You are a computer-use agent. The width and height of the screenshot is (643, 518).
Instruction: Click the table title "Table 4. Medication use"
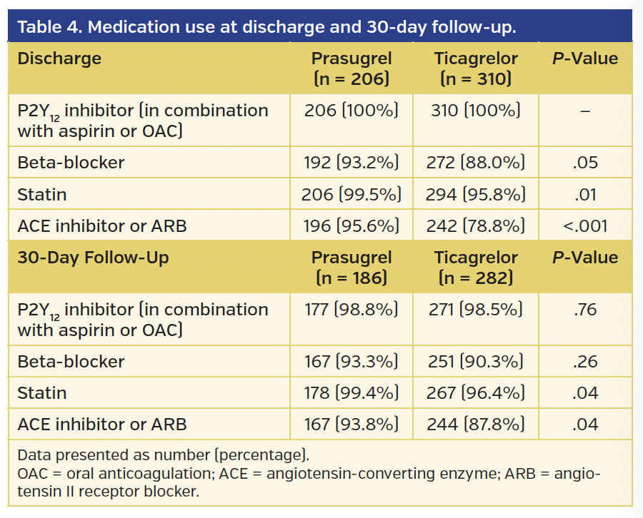coord(266,27)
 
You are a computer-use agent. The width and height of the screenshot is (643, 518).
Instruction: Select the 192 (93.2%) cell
coord(351,163)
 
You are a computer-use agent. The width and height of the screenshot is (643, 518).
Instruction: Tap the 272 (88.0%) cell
coord(475,163)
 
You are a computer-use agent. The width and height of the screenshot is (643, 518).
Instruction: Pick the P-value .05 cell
coord(585,163)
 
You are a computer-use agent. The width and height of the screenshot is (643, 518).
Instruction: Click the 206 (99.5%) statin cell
coord(351,194)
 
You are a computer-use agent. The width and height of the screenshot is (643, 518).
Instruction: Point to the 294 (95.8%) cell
coord(475,194)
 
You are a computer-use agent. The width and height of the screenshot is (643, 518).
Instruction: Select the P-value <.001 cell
coord(585,226)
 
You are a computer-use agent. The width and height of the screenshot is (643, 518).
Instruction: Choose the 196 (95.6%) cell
coord(351,226)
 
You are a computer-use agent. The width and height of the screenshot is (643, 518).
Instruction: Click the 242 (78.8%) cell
coord(475,226)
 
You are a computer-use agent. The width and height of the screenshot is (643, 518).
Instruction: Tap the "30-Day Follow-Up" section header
coord(93,258)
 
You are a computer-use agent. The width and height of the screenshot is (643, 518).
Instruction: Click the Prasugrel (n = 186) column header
coord(351,267)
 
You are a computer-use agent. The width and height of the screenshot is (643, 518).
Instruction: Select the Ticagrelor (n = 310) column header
coord(476,68)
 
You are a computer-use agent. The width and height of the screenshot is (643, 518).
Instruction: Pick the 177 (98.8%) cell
coord(351,310)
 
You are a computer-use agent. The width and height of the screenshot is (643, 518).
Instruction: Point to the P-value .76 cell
coord(585,310)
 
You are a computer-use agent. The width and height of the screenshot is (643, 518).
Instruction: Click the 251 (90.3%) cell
coord(475,362)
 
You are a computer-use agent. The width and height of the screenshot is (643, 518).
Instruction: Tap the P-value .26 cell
coord(585,362)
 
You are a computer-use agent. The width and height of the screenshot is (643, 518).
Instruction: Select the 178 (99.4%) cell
coord(351,393)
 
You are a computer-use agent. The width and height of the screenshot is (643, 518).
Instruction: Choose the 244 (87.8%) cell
coord(475,425)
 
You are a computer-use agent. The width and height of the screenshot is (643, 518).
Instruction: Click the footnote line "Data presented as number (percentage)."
coord(163,455)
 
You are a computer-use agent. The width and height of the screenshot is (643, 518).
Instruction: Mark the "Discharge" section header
coord(59,59)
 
